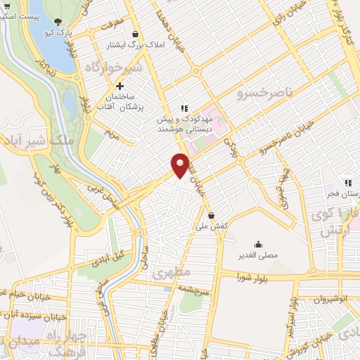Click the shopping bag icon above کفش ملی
click(212, 215)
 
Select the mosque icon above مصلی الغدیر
click(260, 245)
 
